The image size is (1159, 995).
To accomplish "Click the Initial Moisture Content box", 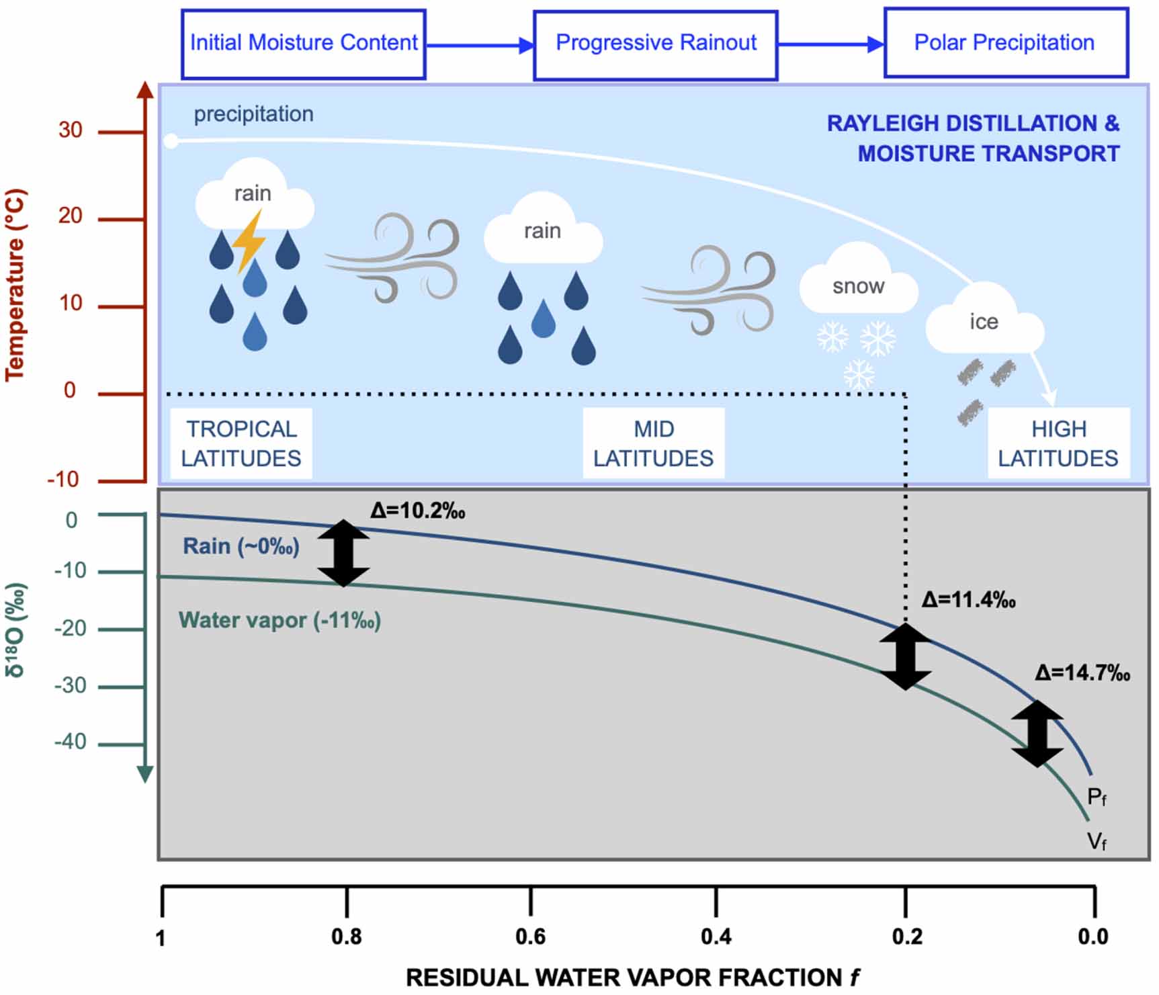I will coord(303,44).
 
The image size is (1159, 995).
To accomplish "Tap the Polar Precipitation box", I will coord(1004,43).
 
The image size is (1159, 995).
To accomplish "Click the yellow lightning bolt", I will coord(249,241).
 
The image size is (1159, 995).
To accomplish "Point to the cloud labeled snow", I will coord(858,282).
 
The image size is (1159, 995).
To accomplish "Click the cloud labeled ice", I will coord(984,321).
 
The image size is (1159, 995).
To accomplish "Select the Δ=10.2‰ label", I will coord(417,511).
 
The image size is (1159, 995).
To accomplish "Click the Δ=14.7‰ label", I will coord(1082,673).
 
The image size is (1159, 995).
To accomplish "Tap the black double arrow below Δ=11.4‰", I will coord(905,656).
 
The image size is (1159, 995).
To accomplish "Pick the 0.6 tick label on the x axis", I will coord(530,936).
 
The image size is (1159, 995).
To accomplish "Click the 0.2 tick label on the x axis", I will coord(906,936).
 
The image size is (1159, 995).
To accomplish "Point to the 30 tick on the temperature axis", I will coord(70,130).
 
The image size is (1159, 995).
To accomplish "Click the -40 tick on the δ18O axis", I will coord(70,742).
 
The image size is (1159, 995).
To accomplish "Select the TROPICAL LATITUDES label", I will coord(241,443).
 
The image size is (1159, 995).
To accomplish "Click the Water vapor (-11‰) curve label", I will coord(280,620).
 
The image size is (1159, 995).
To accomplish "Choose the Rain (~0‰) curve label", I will coord(241,546).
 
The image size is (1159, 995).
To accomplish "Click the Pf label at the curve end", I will coord(1096,797).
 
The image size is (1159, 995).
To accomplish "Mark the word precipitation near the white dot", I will coord(253,114).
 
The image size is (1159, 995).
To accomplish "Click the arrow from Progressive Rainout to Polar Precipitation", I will coord(830,44).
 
